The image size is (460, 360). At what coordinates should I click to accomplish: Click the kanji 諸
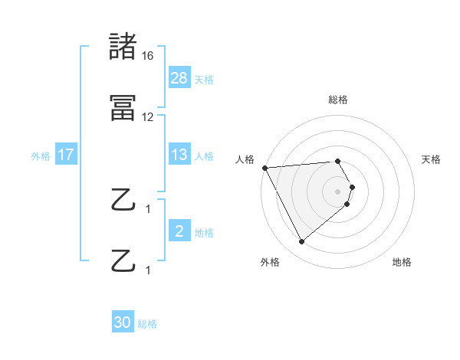123,46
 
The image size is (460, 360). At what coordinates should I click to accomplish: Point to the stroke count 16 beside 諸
148,56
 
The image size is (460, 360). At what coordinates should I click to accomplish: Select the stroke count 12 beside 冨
148,117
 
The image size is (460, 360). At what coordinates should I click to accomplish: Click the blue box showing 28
179,77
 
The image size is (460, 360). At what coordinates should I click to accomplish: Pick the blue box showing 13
179,155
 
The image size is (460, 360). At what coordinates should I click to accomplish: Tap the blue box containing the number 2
179,231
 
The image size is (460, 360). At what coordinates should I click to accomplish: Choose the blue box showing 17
66,155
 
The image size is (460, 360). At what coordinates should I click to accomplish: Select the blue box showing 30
123,322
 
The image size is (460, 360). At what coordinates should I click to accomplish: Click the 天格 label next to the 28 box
203,79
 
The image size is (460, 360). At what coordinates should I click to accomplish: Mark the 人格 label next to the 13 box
203,156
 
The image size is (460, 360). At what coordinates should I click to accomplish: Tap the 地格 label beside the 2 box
203,233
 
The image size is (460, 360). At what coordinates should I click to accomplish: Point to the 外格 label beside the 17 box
41,156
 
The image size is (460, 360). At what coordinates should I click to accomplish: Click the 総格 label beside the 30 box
147,324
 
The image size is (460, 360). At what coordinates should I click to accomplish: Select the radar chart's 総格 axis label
338,100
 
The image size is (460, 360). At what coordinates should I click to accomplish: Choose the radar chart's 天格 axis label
432,159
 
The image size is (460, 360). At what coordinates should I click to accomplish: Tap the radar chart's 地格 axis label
402,262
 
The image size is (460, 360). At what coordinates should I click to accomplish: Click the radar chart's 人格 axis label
245,159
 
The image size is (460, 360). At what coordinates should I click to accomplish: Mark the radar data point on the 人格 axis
264,168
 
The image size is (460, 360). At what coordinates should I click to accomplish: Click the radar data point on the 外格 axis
301,241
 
